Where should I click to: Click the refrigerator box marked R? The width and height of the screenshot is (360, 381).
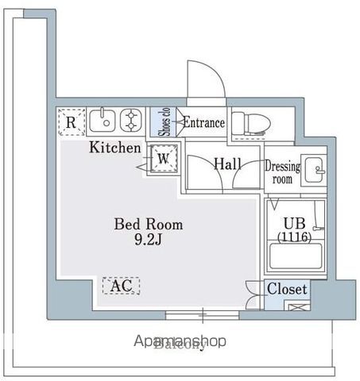click(71, 122)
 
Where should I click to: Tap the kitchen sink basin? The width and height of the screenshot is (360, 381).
click(102, 121)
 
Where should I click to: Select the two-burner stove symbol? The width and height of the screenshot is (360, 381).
click(130, 121)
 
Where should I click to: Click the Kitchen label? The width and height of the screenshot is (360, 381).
click(114, 148)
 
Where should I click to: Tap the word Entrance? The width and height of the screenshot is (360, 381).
click(204, 122)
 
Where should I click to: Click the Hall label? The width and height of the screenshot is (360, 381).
click(227, 164)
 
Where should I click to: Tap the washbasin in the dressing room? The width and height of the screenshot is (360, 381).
click(315, 170)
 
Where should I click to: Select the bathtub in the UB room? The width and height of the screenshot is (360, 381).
click(296, 258)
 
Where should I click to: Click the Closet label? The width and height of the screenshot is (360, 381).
click(286, 289)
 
